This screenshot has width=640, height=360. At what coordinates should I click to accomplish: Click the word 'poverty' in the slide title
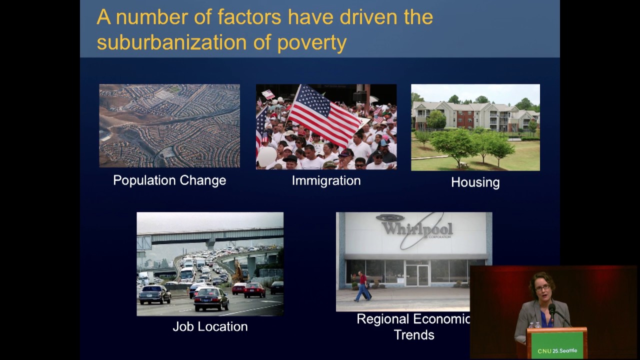point(311,43)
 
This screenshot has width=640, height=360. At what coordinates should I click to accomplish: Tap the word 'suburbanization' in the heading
point(171,42)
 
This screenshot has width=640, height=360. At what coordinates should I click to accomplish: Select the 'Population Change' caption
point(169,180)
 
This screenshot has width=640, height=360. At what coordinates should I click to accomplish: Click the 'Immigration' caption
point(326,181)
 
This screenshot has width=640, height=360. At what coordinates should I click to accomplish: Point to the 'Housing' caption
point(475,182)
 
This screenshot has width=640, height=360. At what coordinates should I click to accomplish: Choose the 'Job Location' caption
point(210,326)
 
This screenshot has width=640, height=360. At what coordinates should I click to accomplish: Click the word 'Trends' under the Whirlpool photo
point(414,335)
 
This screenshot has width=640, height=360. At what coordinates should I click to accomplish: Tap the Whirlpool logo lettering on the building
point(417,228)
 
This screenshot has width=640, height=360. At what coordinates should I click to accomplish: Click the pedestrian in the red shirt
point(362,286)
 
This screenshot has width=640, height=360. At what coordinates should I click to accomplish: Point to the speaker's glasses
point(543,288)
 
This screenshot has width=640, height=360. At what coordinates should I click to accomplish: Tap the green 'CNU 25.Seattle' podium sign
point(557,345)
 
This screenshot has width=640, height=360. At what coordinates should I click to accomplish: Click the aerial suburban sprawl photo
point(169,125)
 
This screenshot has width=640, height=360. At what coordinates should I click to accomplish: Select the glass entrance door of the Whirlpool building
point(417,275)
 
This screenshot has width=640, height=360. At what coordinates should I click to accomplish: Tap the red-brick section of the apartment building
point(465,119)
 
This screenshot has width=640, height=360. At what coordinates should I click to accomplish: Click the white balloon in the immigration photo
point(267,156)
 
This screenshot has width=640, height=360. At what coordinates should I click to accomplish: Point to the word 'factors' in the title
point(249,17)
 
